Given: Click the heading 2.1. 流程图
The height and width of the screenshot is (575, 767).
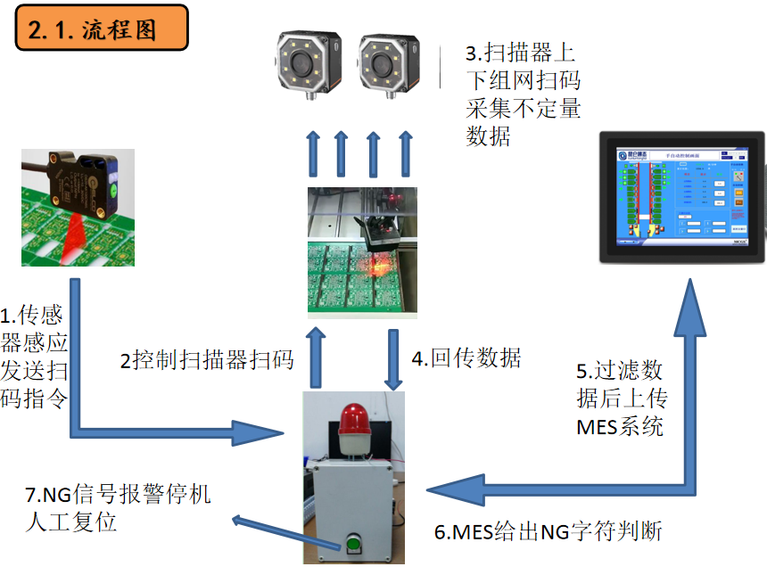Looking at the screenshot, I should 101,29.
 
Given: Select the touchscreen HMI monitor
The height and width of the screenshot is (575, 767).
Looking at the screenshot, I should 681,197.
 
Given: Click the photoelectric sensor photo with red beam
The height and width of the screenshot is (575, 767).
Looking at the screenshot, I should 78,208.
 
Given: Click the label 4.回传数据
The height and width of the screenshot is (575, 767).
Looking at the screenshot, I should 466,358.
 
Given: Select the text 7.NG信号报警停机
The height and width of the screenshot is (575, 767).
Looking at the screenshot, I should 119,494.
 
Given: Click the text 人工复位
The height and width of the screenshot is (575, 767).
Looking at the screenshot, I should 71,522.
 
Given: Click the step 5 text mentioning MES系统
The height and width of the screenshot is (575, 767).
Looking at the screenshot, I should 620,398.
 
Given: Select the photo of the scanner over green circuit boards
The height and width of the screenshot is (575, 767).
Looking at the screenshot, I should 362,252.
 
